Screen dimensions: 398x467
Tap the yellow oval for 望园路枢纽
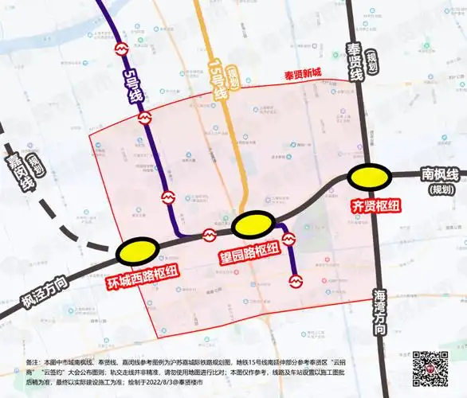(x=254, y=224)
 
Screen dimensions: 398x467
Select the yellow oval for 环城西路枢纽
(x=137, y=252)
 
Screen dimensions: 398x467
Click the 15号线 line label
(x=219, y=82)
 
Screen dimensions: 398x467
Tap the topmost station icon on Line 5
(x=122, y=48)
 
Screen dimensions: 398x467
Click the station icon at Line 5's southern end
(x=296, y=280)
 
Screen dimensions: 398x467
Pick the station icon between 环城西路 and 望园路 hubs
(x=210, y=235)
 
